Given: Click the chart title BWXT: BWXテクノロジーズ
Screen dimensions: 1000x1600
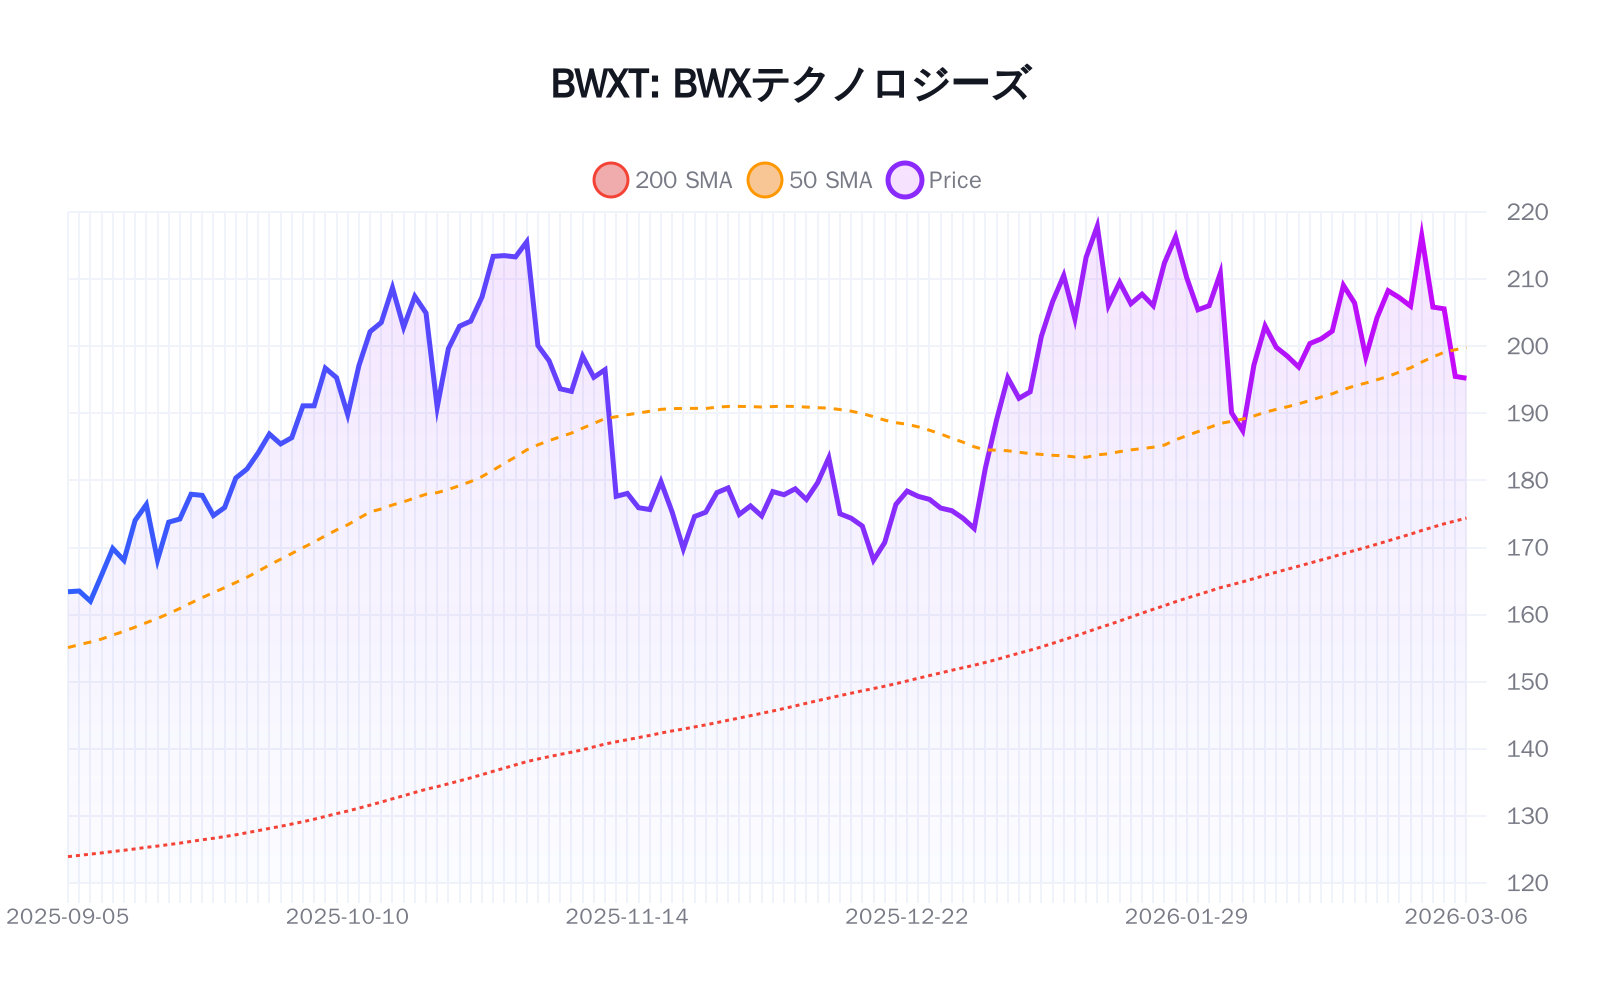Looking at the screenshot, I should [790, 84].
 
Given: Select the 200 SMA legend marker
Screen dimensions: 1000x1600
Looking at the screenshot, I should [610, 180].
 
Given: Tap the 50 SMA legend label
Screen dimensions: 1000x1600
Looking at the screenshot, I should [830, 180].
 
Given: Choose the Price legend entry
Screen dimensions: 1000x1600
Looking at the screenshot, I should [954, 180].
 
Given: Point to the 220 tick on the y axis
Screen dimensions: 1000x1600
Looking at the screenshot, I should [1527, 212].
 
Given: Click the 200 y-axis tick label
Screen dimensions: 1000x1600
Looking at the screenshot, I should [1527, 346].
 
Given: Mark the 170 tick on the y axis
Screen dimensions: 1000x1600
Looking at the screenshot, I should [1527, 548].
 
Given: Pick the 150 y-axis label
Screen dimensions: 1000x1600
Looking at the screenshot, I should [1527, 682].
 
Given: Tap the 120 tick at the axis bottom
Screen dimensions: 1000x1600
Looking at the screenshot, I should [1527, 883].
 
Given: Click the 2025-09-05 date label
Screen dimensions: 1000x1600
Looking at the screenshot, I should [68, 917].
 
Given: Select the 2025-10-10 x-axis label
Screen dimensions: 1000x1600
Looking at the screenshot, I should [347, 917].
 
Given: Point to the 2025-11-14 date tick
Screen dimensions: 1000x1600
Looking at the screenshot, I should [627, 917].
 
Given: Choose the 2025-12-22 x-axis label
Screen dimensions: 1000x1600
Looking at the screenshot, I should [907, 917].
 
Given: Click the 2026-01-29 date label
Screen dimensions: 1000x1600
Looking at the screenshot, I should [1186, 917].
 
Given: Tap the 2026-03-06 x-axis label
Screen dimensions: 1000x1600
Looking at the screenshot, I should [1465, 917].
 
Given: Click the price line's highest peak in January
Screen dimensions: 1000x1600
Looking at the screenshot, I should [1097, 224].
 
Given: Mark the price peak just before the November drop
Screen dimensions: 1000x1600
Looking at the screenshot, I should [527, 241].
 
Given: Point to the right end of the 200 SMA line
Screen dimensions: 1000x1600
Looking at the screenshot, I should [1465, 518].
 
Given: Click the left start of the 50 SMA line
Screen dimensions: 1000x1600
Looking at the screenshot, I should [68, 648].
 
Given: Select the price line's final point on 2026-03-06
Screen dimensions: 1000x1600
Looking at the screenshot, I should [1465, 378].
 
